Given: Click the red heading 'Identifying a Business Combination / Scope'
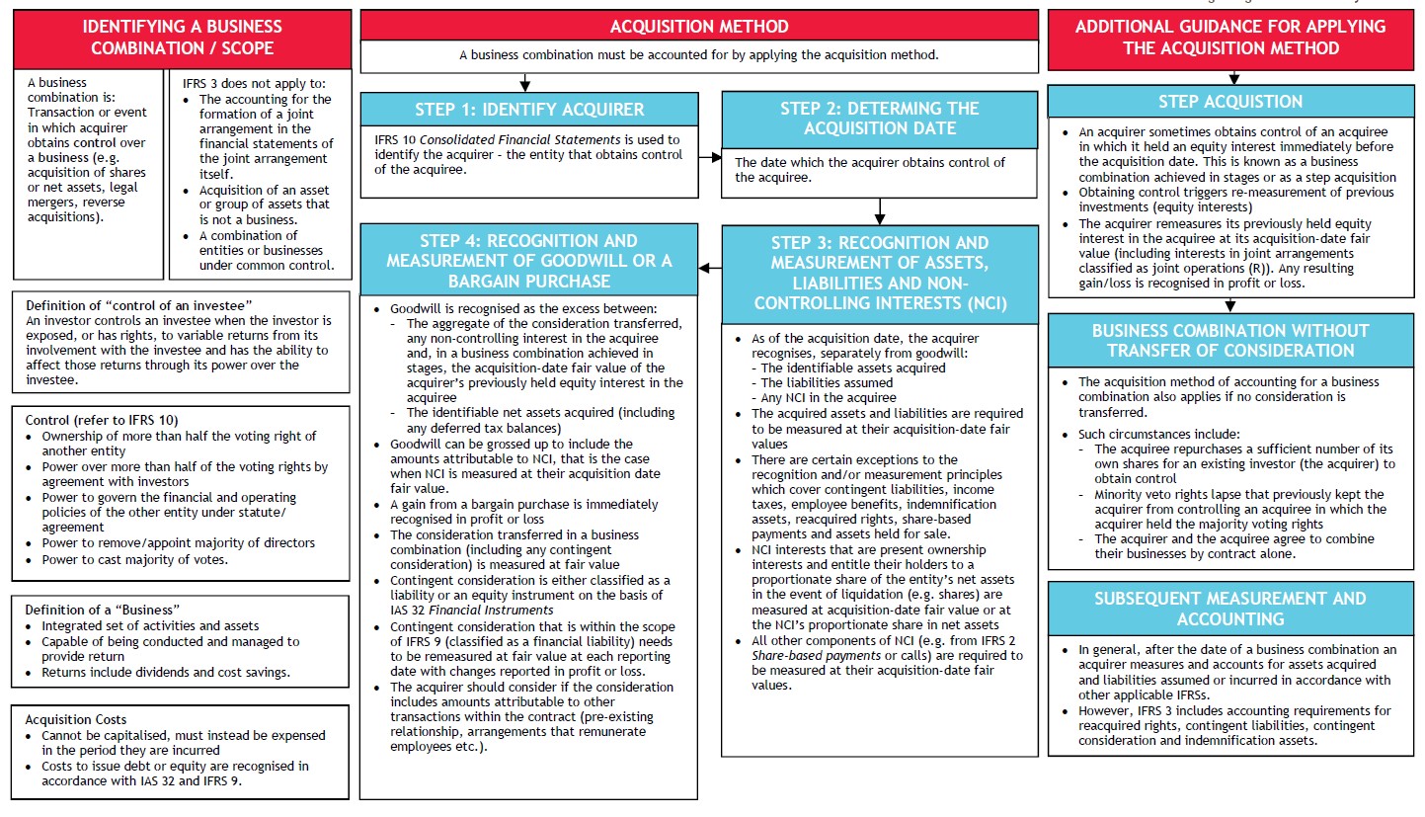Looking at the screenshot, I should tap(182, 38).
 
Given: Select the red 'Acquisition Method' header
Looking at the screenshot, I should tap(699, 27).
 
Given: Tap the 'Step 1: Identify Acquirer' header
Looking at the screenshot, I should tap(529, 110).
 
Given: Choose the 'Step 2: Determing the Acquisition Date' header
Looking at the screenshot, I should tap(879, 119).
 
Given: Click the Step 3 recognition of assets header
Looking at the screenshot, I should tap(879, 273).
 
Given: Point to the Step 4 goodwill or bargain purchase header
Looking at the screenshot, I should tap(529, 260).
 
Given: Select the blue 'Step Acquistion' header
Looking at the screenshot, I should tap(1229, 102).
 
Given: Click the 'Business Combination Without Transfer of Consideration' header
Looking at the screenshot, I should tap(1229, 340).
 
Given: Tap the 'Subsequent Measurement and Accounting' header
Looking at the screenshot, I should tap(1229, 609).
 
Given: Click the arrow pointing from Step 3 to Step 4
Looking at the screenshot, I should tap(710, 267).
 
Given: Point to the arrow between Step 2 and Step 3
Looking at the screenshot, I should tap(879, 211).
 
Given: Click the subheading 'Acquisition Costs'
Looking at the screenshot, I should tap(76, 720).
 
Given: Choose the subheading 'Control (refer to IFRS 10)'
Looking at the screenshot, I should tap(103, 420).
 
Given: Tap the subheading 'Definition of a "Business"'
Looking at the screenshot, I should tap(103, 610).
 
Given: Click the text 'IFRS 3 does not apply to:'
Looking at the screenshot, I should tap(254, 84).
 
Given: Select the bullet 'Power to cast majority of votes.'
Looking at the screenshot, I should tap(134, 559).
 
